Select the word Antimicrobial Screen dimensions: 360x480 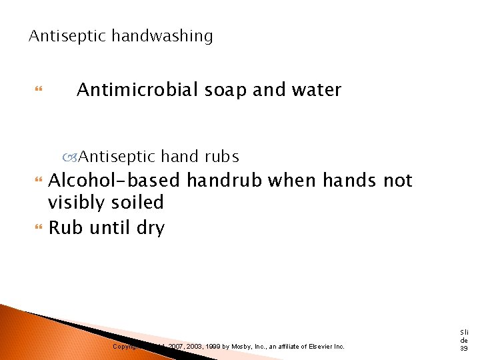click(136, 89)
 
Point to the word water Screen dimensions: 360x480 click(315, 89)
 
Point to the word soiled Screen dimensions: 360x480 click(139, 202)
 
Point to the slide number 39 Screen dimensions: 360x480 click(464, 347)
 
